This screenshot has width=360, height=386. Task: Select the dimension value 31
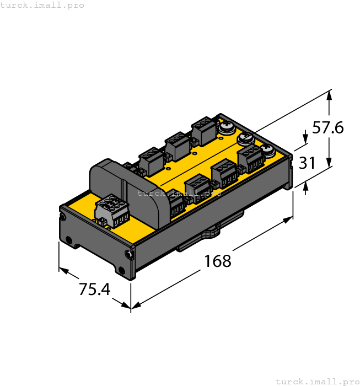coord(307,163)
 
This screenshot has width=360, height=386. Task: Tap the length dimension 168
coord(218,261)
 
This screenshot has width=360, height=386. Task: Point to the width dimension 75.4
coord(94,289)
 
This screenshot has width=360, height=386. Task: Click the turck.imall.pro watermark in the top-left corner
coord(42,5)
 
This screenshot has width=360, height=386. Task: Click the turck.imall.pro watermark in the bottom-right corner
coord(317,381)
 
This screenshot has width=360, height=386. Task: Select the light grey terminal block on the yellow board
coord(112,211)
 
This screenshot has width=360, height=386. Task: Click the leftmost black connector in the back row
coord(149,160)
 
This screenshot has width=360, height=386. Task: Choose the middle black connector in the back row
coord(176,145)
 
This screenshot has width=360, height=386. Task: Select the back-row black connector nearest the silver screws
coord(202,131)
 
